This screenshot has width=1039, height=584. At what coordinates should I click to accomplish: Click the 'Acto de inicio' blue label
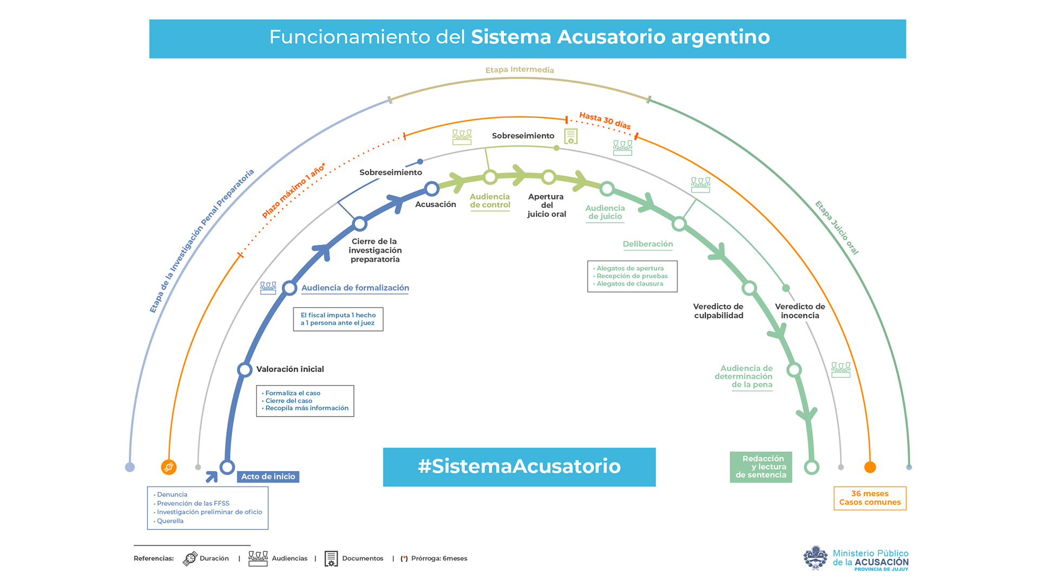point(268,476)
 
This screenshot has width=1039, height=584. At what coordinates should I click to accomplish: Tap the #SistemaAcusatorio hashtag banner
point(519,467)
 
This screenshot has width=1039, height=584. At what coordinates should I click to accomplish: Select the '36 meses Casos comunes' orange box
point(870,498)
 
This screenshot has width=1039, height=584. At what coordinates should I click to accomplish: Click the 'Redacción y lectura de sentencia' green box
point(760,467)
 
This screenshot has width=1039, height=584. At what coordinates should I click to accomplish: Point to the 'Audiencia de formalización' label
point(355,288)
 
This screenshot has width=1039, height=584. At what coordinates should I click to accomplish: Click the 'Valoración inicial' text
point(290,369)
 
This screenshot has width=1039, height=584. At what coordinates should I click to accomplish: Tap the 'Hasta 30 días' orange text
point(605,121)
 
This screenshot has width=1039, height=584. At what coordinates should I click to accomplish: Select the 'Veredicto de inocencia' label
point(800,311)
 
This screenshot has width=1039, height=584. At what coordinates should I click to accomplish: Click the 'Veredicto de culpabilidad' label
point(719,311)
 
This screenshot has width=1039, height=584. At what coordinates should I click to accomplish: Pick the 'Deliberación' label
point(648,244)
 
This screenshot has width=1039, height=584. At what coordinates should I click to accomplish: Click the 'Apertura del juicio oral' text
point(547,205)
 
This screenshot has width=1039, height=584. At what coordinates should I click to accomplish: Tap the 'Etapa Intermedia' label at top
point(519,70)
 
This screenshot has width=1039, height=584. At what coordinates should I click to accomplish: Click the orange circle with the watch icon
point(169,467)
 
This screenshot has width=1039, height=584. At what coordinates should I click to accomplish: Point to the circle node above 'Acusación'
point(432,189)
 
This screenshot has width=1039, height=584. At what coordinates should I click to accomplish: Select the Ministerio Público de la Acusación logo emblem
point(816,558)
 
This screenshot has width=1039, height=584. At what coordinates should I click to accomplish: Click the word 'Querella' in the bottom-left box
point(170,521)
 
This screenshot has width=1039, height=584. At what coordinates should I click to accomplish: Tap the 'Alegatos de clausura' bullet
point(630,284)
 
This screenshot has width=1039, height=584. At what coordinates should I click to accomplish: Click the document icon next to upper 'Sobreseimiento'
point(571,136)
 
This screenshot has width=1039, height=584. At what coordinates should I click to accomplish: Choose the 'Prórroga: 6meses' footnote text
point(439,559)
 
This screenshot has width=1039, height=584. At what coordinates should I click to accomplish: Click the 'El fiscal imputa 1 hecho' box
point(338,319)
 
